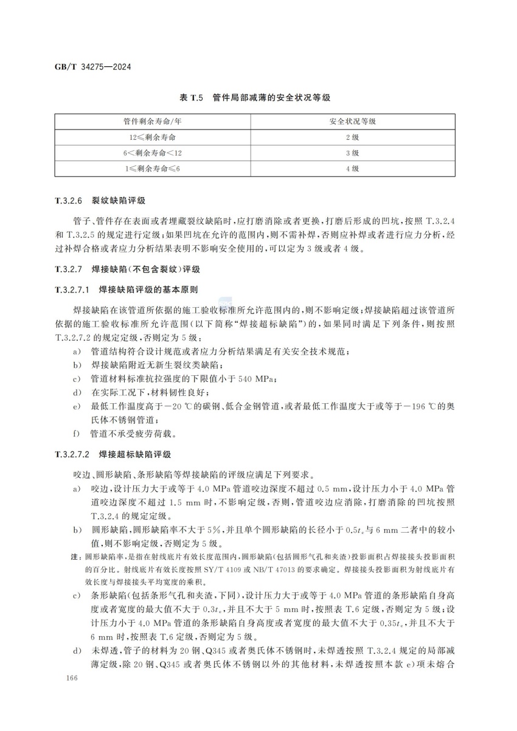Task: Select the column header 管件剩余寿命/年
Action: coord(153,122)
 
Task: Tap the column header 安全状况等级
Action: coord(352,122)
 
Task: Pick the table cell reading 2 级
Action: coord(352,137)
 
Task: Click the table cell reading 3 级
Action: coord(352,153)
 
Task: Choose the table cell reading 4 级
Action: coord(352,168)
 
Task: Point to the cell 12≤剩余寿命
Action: coord(153,137)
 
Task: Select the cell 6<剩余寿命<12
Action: coord(153,153)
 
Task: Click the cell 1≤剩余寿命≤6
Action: coord(153,168)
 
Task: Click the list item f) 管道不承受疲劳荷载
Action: coord(125,435)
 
